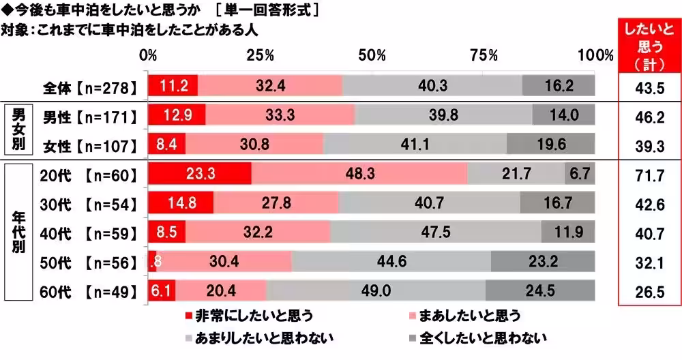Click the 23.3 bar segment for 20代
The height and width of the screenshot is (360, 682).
click(x=200, y=174)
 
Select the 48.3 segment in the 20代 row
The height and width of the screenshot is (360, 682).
click(x=359, y=174)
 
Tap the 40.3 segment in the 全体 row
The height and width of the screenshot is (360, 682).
click(x=432, y=86)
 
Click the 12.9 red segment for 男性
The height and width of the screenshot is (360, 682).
click(x=177, y=115)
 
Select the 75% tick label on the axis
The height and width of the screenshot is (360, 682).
click(x=484, y=55)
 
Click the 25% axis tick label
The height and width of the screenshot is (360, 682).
click(x=261, y=55)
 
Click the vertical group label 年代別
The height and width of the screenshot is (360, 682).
click(x=18, y=232)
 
